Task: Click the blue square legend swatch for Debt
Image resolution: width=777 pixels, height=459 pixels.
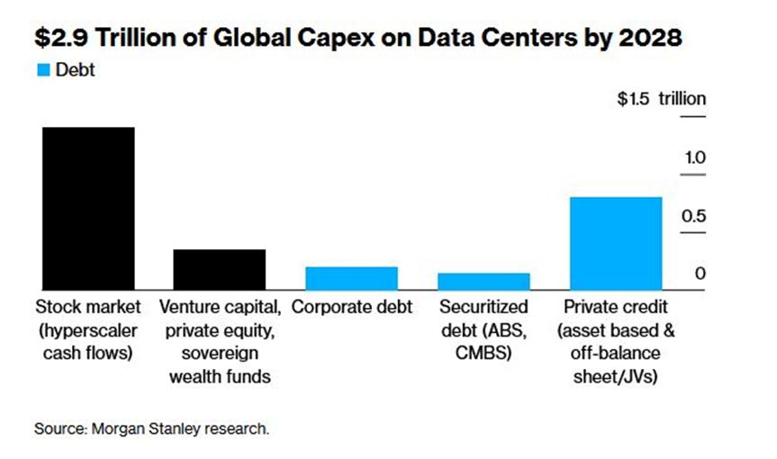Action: pos(41,70)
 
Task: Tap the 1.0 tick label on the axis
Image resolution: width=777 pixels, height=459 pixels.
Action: pos(693,157)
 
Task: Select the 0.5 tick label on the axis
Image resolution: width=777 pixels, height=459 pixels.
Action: pos(693,216)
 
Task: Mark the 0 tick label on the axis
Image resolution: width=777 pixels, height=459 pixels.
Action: pos(700,274)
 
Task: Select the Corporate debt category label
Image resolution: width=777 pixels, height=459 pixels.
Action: pos(352,307)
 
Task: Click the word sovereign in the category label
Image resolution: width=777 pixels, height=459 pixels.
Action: pos(219,354)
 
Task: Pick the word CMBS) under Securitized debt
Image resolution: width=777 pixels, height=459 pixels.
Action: pos(483,354)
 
